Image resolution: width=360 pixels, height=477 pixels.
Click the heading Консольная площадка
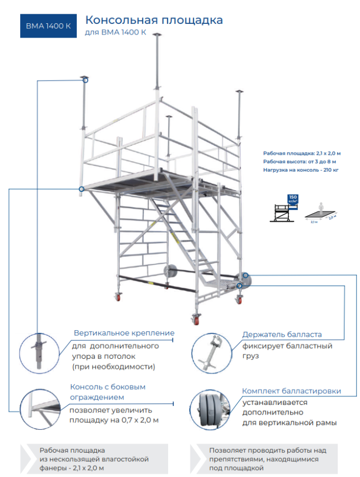154,20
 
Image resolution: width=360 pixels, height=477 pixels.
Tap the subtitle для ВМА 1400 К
115,32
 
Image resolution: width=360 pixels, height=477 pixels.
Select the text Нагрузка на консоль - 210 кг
301,170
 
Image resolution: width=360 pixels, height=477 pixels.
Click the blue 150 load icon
292,200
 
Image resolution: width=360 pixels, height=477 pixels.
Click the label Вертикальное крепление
124,333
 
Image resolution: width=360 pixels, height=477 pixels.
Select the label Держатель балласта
282,334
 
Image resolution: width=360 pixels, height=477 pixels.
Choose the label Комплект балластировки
291,391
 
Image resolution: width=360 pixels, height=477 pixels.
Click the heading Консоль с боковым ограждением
108,392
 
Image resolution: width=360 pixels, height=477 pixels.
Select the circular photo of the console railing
39,408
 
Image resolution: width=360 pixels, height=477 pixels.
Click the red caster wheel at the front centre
195,319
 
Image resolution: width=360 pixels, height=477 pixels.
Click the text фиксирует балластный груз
287,351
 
